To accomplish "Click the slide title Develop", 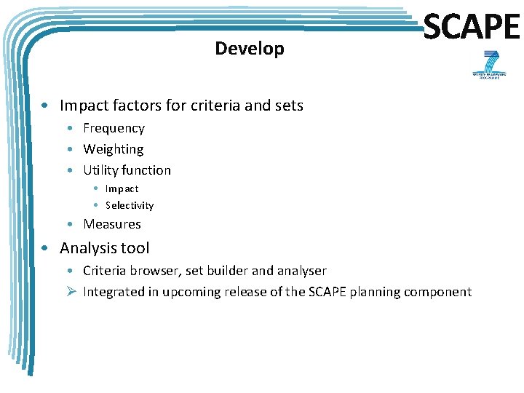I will click(250, 49).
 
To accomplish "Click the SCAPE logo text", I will click(472, 27).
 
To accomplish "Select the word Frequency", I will click(114, 128).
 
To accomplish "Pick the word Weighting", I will click(113, 149).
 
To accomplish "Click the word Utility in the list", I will click(100, 170).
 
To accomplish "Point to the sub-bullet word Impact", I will click(122, 188).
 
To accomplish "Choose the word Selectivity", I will click(130, 206).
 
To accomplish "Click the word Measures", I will click(112, 224).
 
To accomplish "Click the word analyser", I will click(301, 271).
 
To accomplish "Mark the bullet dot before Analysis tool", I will click(45, 248).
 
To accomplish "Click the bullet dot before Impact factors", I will click(45, 106).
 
